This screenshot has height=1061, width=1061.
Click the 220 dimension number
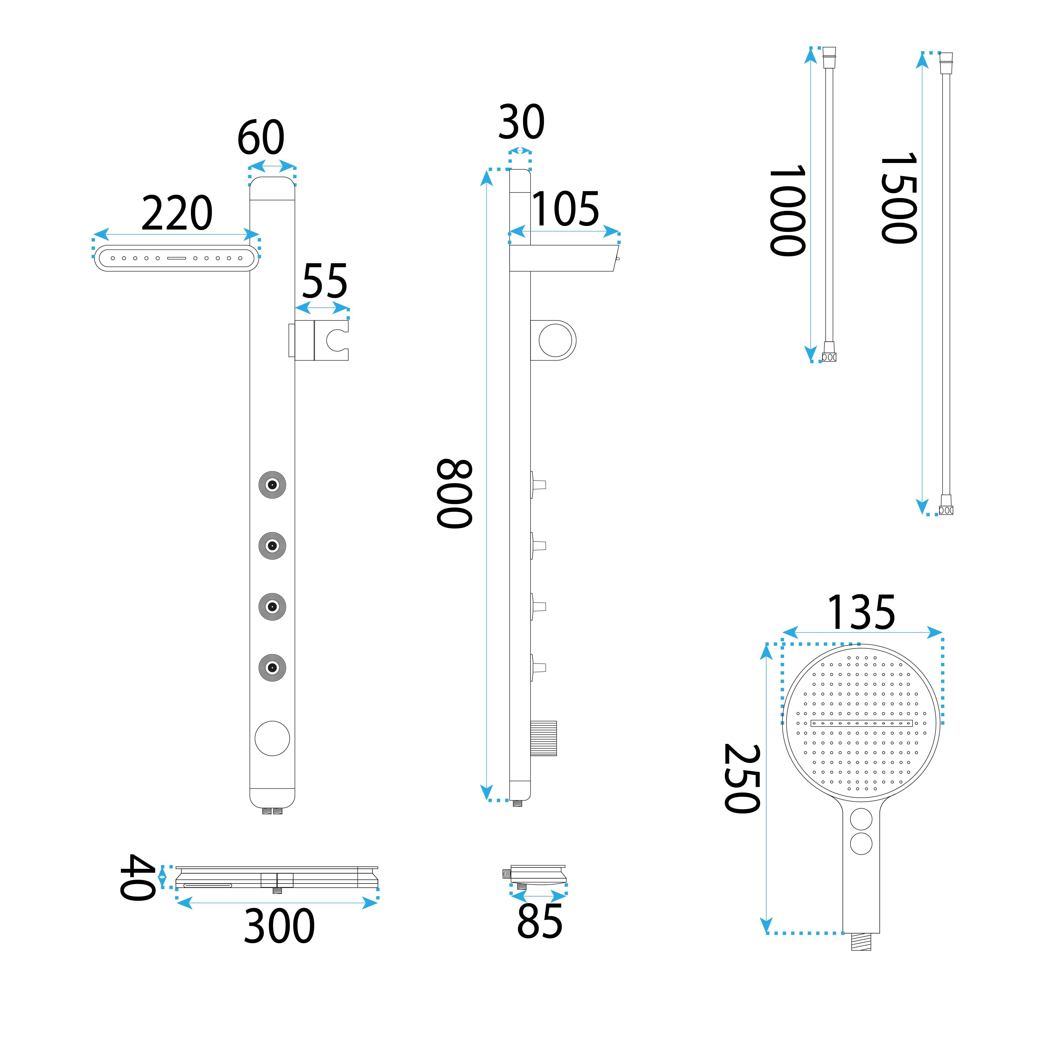(x=177, y=213)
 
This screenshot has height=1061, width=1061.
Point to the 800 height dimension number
(x=455, y=494)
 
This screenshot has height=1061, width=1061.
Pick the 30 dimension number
(x=521, y=122)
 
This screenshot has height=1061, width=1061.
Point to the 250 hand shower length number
(x=742, y=779)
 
